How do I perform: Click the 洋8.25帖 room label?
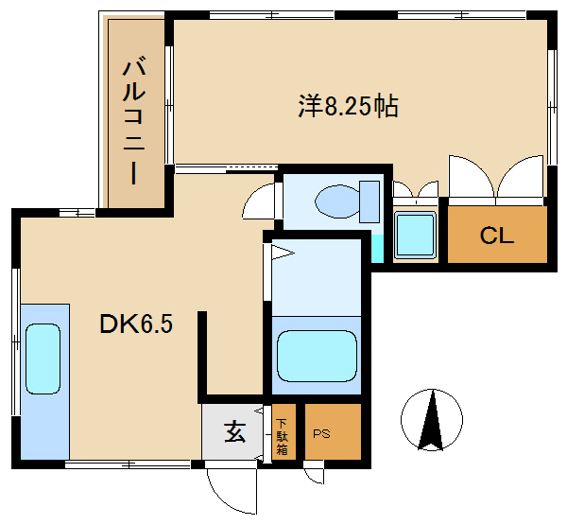click(348, 107)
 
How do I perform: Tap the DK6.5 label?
click(136, 324)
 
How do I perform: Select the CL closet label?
click(497, 236)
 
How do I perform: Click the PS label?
click(321, 433)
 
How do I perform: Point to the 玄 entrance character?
click(235, 431)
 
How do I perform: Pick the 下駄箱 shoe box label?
click(282, 436)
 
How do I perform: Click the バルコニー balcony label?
click(134, 123)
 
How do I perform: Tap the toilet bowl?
click(337, 201)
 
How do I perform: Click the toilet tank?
click(369, 201)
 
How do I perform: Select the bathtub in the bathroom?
click(317, 356)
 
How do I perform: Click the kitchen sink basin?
click(43, 359)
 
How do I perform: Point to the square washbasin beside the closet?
click(416, 235)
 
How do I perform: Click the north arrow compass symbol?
click(432, 420)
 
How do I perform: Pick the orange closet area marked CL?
click(497, 235)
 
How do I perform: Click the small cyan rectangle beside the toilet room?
click(377, 249)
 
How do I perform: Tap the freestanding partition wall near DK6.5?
click(202, 357)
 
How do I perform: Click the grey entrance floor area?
click(232, 431)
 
